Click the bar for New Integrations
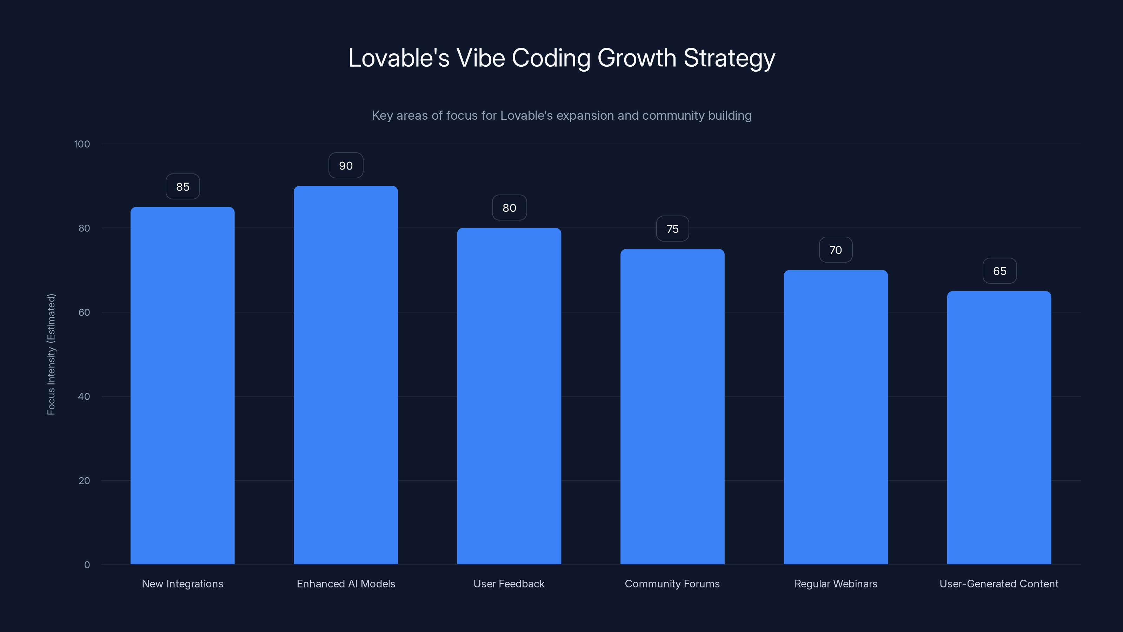[182, 386]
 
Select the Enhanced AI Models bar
[346, 375]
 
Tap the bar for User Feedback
[509, 396]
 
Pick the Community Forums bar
[672, 407]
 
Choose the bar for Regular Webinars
[836, 417]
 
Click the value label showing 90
[346, 166]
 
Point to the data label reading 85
[182, 187]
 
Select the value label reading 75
[672, 229]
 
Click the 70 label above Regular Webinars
[835, 250]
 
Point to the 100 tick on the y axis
[82, 144]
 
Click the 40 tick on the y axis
[84, 396]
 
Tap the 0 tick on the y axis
[87, 565]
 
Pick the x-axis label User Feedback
[509, 584]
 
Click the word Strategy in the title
[729, 58]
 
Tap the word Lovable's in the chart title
[398, 58]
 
